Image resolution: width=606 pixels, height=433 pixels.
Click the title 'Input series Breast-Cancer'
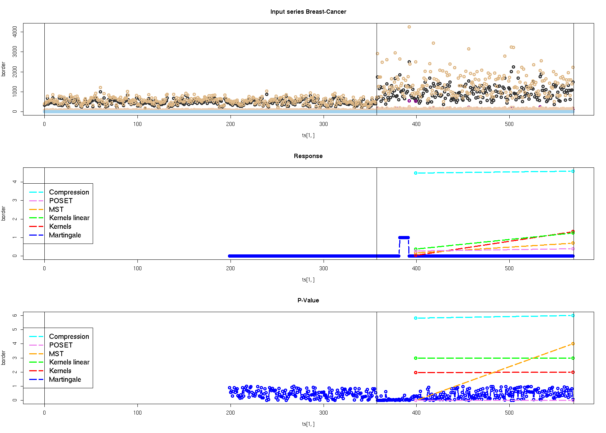click(308, 12)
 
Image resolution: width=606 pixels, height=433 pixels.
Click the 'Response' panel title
click(308, 156)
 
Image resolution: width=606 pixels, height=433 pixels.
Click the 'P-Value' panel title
click(308, 300)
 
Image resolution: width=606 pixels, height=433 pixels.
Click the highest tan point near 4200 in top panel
click(409, 27)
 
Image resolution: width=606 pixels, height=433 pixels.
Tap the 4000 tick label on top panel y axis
click(14, 32)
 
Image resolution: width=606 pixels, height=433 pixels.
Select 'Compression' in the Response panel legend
click(69, 192)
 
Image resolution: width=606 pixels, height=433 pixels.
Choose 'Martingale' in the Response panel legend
click(65, 235)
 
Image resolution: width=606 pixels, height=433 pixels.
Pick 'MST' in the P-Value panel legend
click(56, 354)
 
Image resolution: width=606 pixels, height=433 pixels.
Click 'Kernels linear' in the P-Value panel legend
click(69, 362)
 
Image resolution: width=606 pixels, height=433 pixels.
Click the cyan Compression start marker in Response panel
click(416, 173)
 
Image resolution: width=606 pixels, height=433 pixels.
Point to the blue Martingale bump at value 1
click(404, 237)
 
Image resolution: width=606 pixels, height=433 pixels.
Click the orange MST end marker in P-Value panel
click(573, 344)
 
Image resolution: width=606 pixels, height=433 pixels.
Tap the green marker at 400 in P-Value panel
click(416, 358)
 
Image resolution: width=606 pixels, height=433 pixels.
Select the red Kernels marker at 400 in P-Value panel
click(416, 372)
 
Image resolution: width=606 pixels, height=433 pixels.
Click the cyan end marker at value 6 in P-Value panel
click(573, 316)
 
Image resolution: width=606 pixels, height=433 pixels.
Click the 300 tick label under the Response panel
click(323, 268)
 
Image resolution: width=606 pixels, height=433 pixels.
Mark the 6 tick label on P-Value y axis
click(14, 315)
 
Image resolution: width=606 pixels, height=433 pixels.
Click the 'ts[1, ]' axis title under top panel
click(308, 135)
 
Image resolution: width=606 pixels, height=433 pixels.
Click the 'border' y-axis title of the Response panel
click(4, 213)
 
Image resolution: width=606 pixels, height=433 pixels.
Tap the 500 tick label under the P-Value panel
click(509, 413)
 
